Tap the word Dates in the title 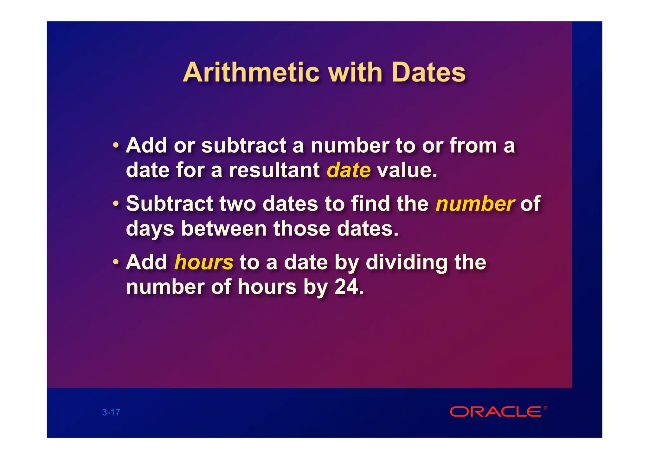point(428,73)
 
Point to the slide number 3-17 point(111,412)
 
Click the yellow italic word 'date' point(349,170)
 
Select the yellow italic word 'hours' point(204,262)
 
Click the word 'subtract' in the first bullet point(244,146)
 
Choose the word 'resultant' point(274,170)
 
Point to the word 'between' point(224,229)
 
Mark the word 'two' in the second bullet point(238,204)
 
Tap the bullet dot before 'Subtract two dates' point(116,203)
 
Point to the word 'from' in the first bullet point(473,146)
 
